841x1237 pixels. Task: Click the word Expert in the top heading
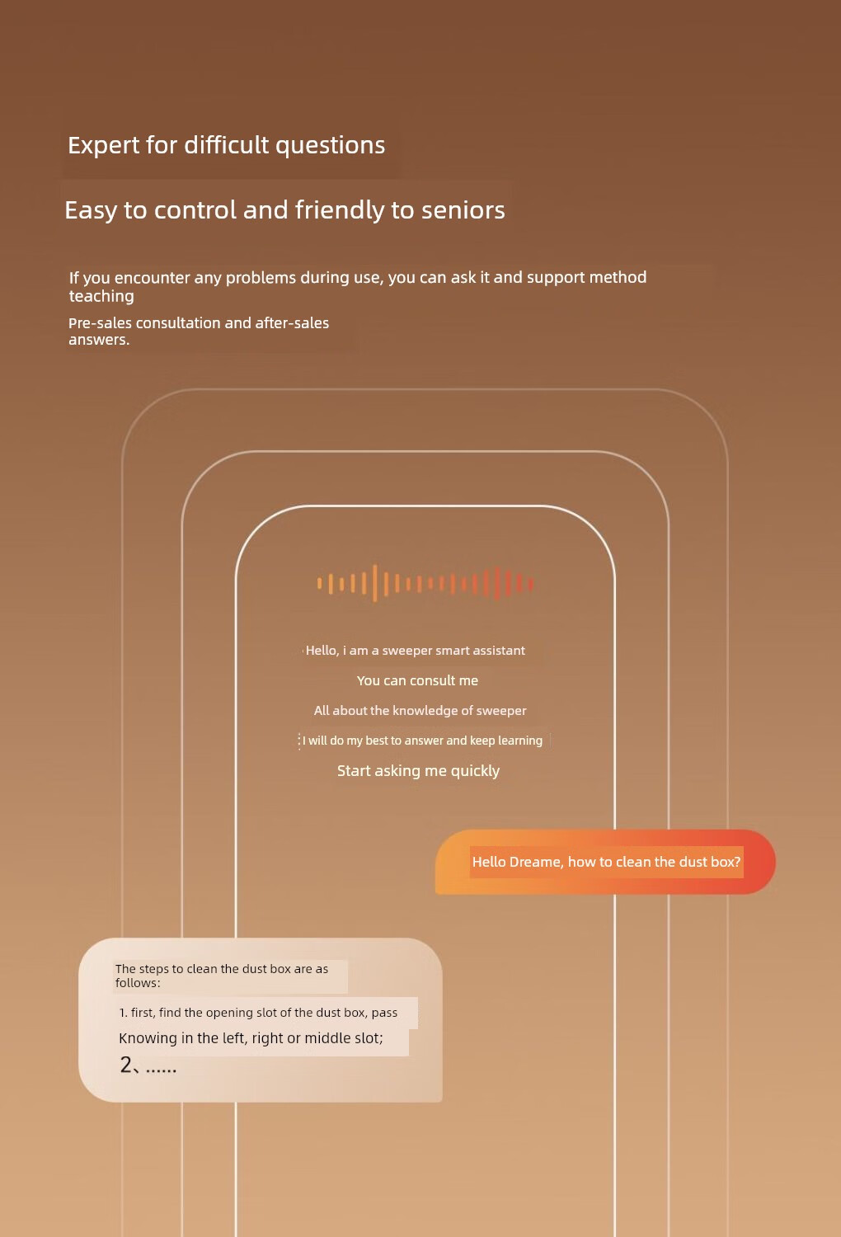click(104, 145)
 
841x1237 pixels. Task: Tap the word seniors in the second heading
click(463, 210)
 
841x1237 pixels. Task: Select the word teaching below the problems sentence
click(101, 296)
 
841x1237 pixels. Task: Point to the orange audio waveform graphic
click(425, 583)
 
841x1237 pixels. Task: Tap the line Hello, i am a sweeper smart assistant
click(415, 651)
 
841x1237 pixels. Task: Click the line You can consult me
click(417, 680)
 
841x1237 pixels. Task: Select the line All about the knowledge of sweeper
click(420, 711)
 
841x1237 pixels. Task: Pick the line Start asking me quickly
click(418, 771)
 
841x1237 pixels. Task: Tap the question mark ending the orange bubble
click(737, 862)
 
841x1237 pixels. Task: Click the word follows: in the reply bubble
click(138, 983)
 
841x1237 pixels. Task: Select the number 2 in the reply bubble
click(126, 1065)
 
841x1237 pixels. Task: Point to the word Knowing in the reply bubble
click(148, 1038)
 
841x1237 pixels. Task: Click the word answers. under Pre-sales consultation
click(99, 340)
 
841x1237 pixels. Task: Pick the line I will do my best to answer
click(422, 741)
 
